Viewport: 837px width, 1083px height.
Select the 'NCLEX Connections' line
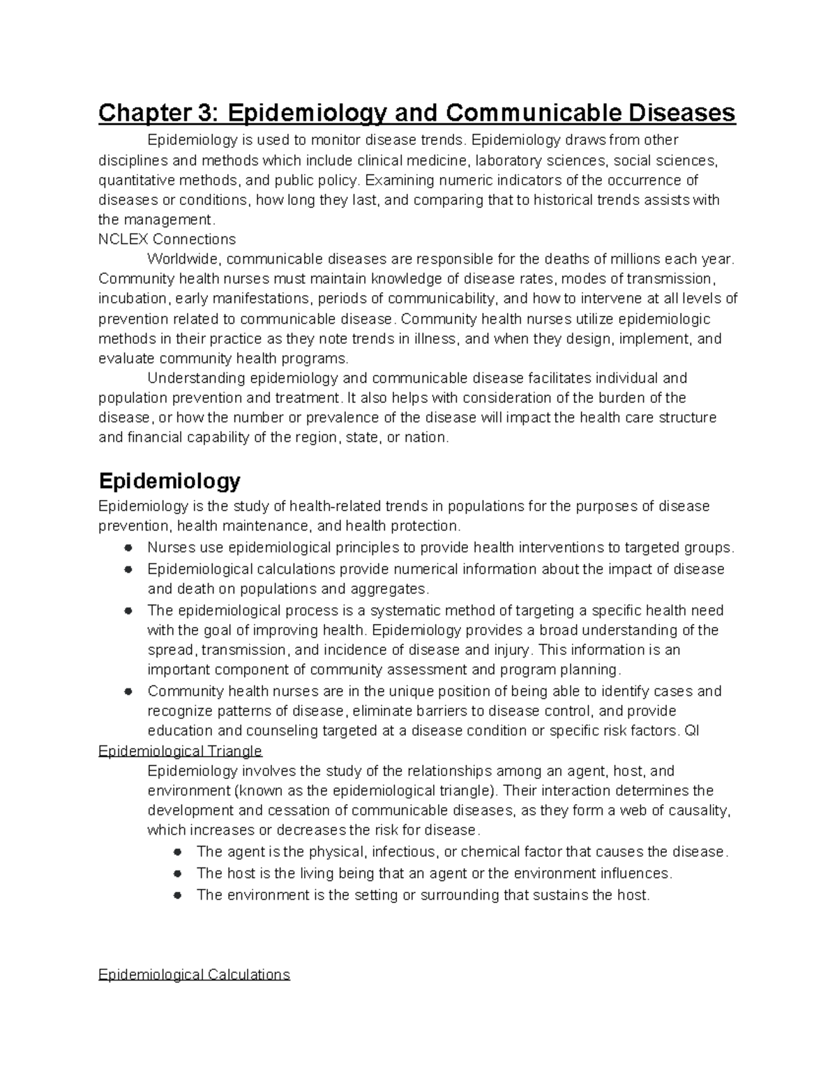point(167,239)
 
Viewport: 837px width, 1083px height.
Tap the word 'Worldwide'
point(184,259)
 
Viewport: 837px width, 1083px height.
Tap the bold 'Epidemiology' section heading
point(169,480)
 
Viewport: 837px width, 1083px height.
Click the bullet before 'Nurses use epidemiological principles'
point(128,547)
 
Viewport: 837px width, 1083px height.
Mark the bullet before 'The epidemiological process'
point(128,610)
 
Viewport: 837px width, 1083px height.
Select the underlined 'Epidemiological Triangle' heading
point(180,751)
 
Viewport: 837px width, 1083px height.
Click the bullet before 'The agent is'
point(178,852)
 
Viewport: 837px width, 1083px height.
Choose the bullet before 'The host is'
point(178,873)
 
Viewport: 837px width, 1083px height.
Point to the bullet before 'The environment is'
point(178,895)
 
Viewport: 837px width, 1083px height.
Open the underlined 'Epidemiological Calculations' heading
point(194,974)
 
